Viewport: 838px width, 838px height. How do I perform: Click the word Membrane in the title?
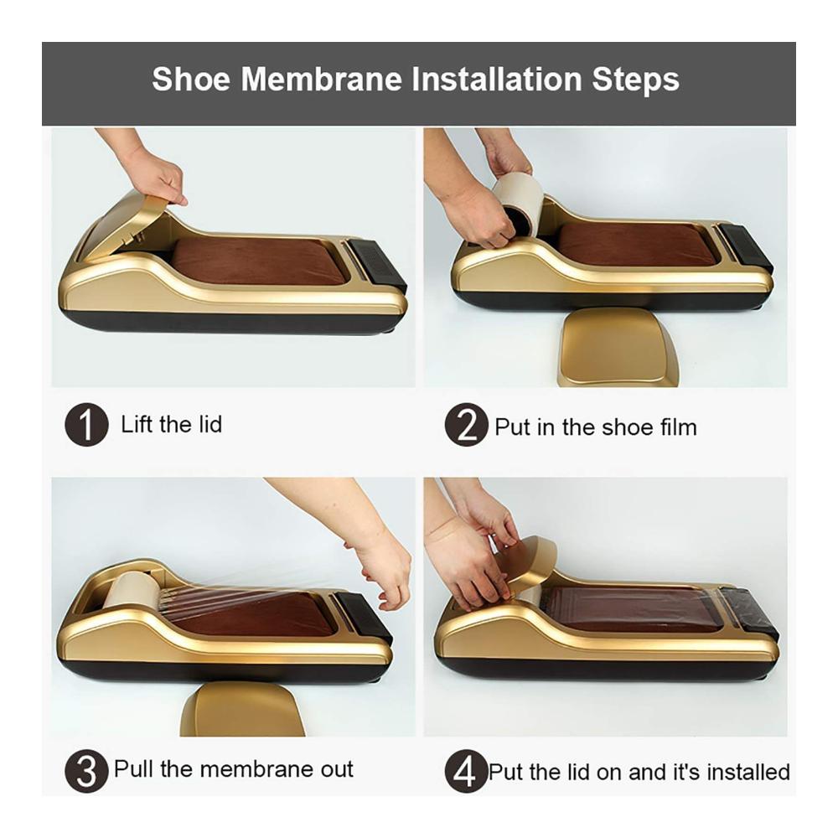pyautogui.click(x=321, y=79)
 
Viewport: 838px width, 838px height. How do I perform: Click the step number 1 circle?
pyautogui.click(x=86, y=425)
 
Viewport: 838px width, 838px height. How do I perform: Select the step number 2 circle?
pyautogui.click(x=466, y=425)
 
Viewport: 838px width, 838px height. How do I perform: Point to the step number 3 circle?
pyautogui.click(x=86, y=771)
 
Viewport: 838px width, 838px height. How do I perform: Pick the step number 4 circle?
pyautogui.click(x=466, y=771)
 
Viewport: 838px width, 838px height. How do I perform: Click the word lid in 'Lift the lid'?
pyautogui.click(x=207, y=424)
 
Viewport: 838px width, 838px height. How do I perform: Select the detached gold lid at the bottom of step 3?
pyautogui.click(x=242, y=710)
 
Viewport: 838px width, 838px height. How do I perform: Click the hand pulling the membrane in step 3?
pyautogui.click(x=385, y=572)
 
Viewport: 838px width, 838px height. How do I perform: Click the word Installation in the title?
pyautogui.click(x=496, y=79)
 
